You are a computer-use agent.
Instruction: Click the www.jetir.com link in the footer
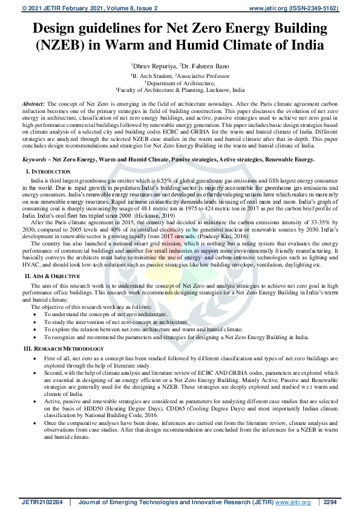[x=293, y=502]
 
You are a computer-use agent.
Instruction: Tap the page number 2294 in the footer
[x=330, y=502]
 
